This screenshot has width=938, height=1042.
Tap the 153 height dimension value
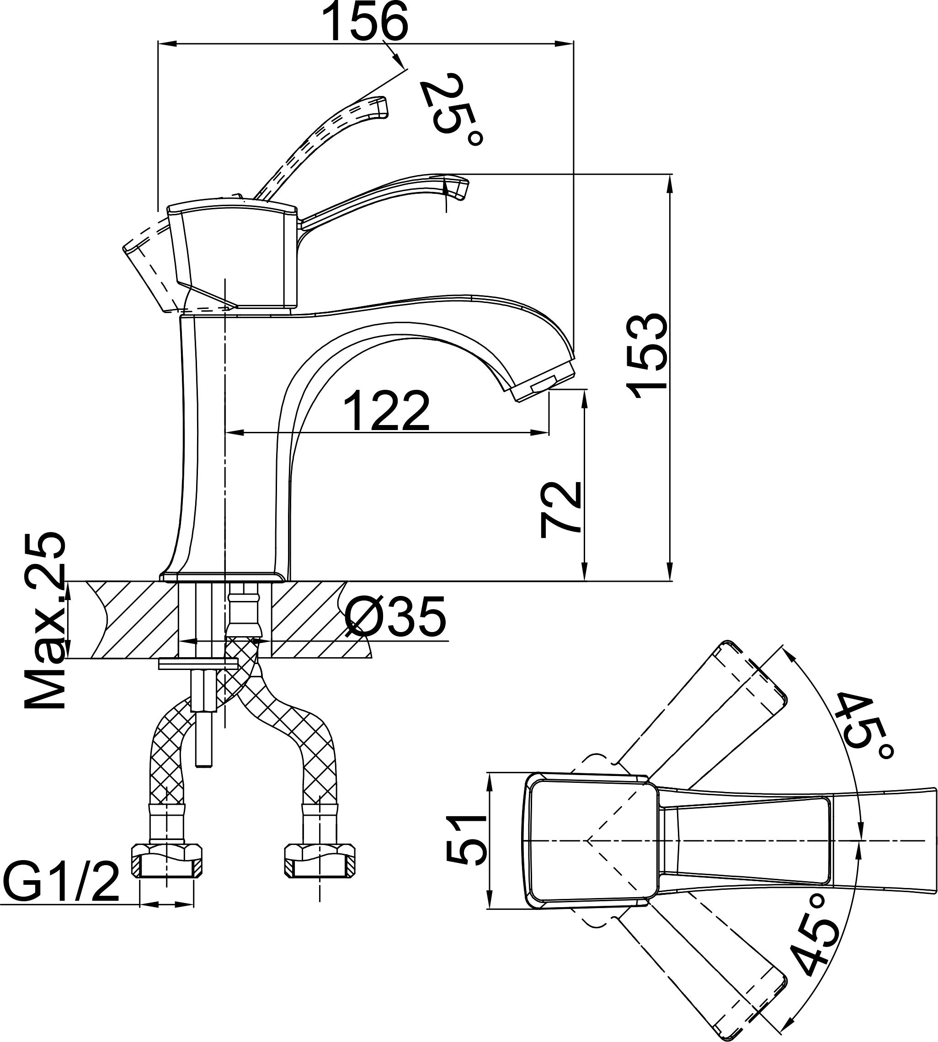pos(647,356)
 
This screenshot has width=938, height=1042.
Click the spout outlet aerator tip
pos(544,383)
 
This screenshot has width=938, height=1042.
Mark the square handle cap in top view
pos(591,840)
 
